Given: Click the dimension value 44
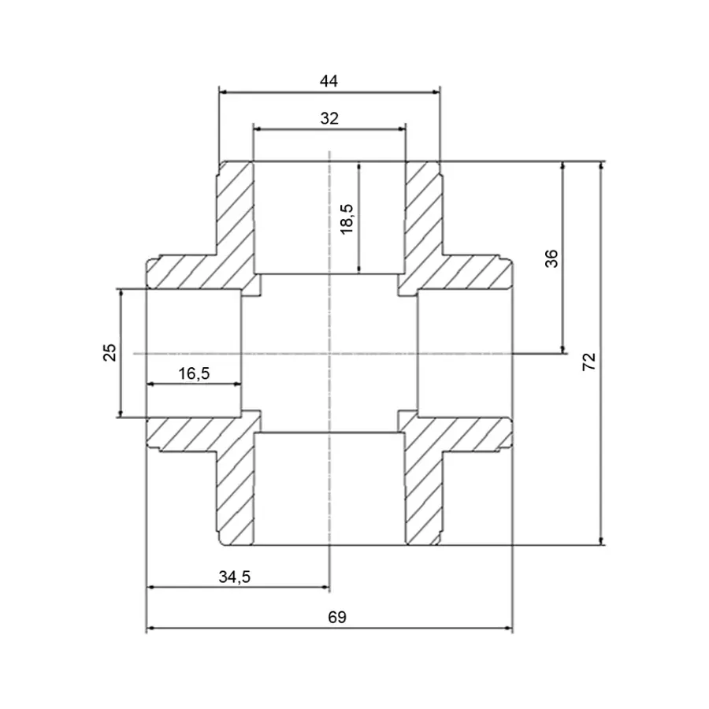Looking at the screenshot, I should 329,80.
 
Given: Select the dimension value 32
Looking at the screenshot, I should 329,118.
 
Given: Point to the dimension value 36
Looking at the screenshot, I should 551,258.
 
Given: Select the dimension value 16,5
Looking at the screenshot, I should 193,373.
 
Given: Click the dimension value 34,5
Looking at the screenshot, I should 234,577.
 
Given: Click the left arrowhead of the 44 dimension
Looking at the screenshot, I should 223,92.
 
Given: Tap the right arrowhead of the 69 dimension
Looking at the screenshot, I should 508,629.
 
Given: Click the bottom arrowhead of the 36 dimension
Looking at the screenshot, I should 562,349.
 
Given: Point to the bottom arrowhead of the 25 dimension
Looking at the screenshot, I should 121,413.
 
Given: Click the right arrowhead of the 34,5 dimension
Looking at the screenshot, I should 325,587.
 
